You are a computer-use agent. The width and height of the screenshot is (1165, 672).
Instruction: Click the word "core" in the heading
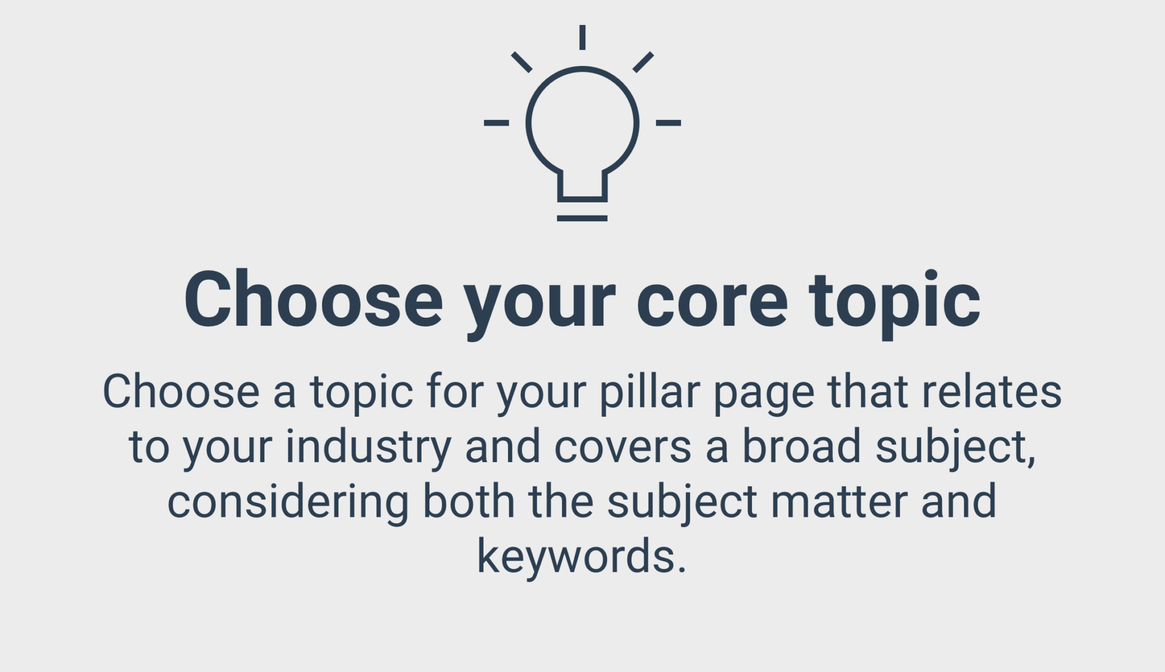[712, 301]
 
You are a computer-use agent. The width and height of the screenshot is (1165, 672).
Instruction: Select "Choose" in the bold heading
[313, 299]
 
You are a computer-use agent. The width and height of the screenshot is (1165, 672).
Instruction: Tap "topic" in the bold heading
[895, 305]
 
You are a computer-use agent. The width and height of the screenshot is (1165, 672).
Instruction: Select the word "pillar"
[649, 392]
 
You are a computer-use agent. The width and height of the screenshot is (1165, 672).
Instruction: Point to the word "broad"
[802, 447]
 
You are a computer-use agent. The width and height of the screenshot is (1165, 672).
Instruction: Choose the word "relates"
[992, 392]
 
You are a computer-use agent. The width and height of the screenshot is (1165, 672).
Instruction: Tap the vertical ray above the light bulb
[582, 37]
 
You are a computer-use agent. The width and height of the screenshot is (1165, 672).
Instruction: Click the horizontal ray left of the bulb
[496, 123]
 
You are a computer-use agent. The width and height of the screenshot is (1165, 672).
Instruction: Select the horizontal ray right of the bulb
[668, 123]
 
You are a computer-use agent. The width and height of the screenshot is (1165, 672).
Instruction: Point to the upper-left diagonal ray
[522, 62]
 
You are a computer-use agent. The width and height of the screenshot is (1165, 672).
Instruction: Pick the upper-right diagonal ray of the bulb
[643, 62]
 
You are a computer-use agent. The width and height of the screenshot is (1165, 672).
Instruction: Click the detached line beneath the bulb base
[582, 218]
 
